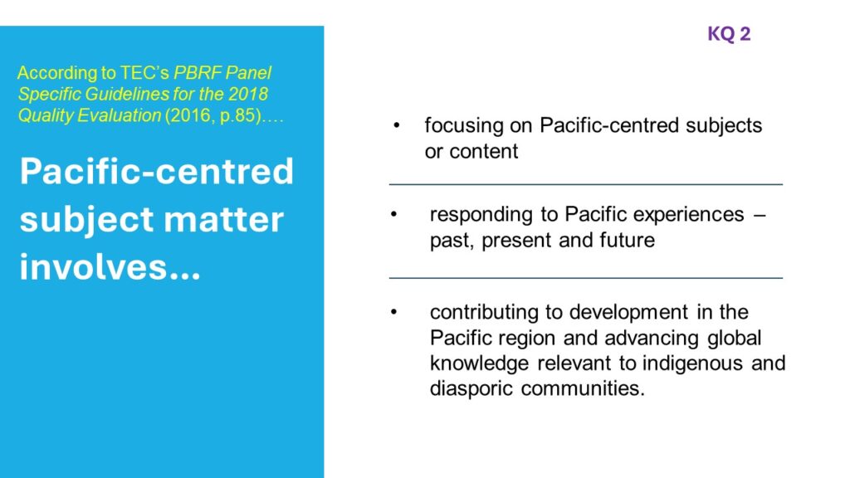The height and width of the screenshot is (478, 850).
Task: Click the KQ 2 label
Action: [729, 33]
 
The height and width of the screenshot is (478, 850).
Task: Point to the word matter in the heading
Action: [223, 219]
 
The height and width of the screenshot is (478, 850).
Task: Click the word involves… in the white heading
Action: [110, 266]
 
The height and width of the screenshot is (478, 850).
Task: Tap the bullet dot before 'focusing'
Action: [396, 126]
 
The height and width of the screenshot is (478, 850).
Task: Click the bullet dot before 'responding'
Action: [394, 215]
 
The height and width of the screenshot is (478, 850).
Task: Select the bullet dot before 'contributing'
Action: [394, 312]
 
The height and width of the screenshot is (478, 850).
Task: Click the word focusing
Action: [464, 126]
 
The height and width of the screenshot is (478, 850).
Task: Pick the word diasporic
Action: [471, 388]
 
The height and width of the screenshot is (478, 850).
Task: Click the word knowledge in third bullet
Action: [479, 363]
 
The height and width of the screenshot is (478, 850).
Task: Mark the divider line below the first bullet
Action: [586, 185]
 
